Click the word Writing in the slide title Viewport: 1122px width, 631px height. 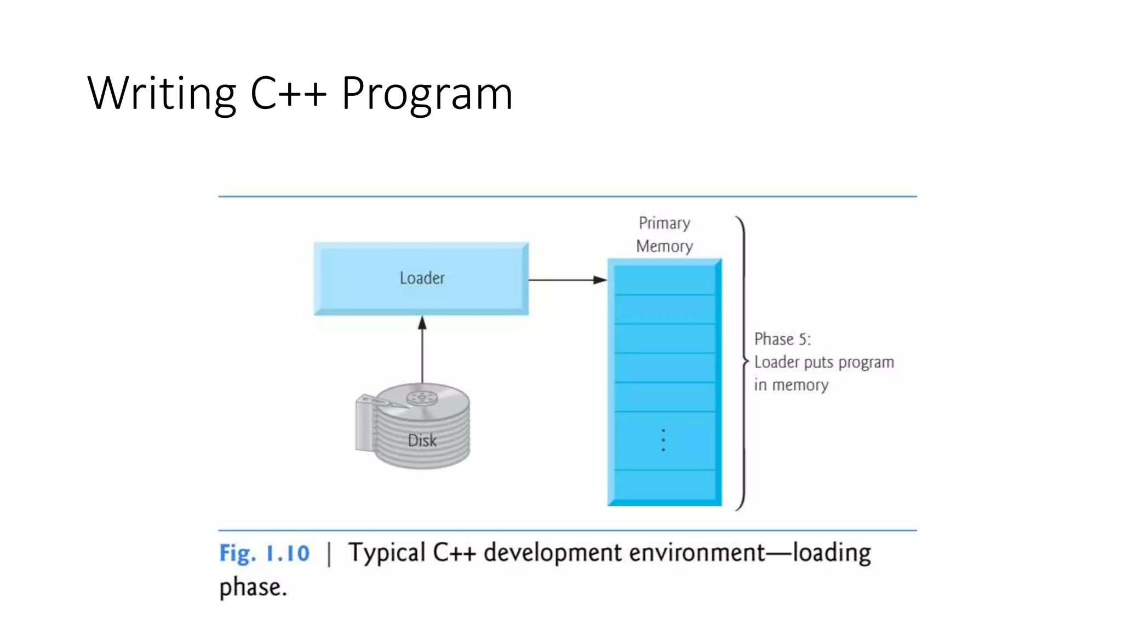pyautogui.click(x=162, y=93)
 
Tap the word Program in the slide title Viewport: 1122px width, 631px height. pyautogui.click(x=427, y=93)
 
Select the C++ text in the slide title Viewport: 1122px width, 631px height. pyautogui.click(x=288, y=93)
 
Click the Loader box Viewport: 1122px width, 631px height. pyautogui.click(x=421, y=278)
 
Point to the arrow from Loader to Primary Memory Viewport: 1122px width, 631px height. pyautogui.click(x=567, y=280)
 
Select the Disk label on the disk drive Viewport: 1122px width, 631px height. pyautogui.click(x=422, y=440)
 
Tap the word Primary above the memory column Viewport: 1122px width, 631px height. pyautogui.click(x=664, y=223)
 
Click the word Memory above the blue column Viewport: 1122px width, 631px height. pyautogui.click(x=664, y=246)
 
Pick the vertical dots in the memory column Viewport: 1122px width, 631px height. pyautogui.click(x=663, y=440)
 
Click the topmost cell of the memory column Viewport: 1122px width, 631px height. pyautogui.click(x=664, y=280)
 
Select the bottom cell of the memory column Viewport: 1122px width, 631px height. pyautogui.click(x=664, y=484)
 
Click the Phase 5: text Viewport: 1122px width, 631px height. pyautogui.click(x=782, y=339)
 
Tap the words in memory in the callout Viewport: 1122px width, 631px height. pyautogui.click(x=791, y=385)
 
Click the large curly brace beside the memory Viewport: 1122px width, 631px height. pyautogui.click(x=742, y=362)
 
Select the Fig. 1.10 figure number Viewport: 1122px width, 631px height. pyautogui.click(x=264, y=553)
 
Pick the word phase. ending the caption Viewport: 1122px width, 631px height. pyautogui.click(x=253, y=587)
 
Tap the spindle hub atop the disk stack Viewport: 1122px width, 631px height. pyautogui.click(x=421, y=397)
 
